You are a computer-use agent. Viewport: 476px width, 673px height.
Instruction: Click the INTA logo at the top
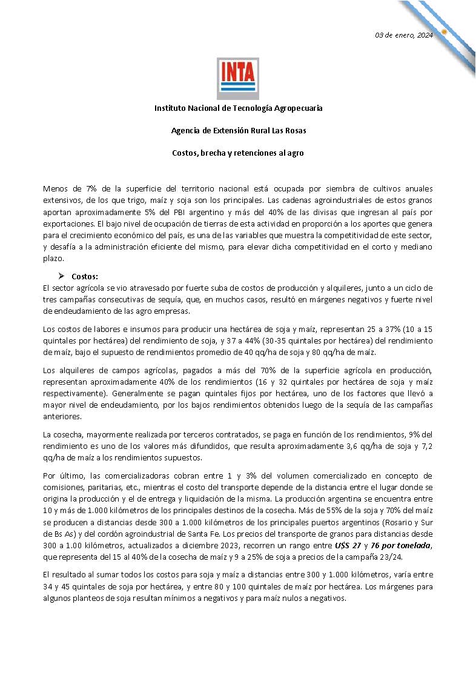(238, 78)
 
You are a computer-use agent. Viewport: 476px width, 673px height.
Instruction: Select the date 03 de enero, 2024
(404, 35)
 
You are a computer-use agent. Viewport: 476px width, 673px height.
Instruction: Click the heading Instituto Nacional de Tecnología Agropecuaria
(238, 108)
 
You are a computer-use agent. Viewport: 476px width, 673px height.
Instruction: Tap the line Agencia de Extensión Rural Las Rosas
(238, 131)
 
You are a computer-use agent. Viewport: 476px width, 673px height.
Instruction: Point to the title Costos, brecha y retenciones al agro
(238, 153)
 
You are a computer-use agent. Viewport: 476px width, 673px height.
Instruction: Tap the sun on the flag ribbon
(444, 31)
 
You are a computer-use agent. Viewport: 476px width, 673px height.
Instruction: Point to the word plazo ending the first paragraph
(53, 258)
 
